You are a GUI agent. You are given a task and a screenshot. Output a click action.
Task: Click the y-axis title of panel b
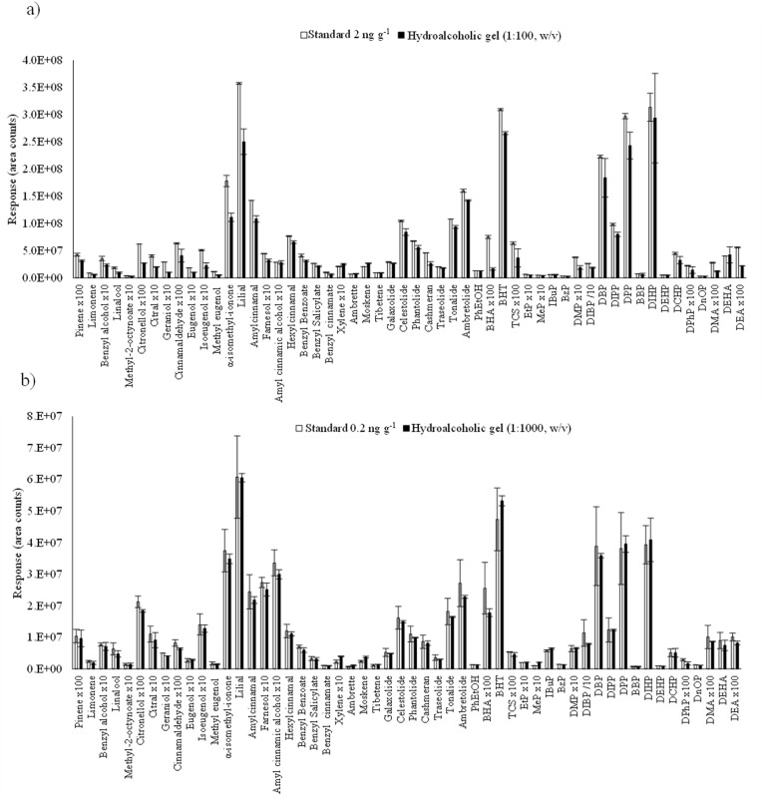pos(14,540)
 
